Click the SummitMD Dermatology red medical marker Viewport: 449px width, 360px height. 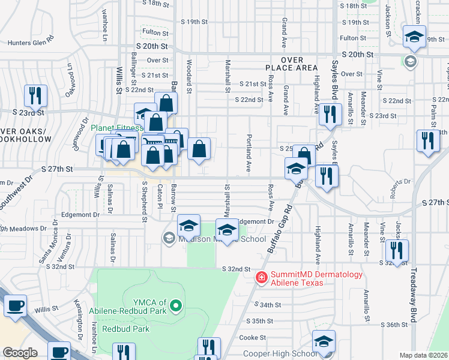(262, 277)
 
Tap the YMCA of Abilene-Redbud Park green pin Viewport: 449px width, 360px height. (176, 307)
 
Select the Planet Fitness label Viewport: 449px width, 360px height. (116, 128)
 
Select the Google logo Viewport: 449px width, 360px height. (19, 353)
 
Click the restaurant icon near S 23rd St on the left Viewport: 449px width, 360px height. (35, 95)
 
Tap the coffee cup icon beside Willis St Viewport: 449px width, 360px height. (15, 305)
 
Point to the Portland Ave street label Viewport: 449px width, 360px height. (248, 153)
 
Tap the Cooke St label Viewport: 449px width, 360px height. (248, 337)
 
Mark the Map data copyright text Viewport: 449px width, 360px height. (423, 355)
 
